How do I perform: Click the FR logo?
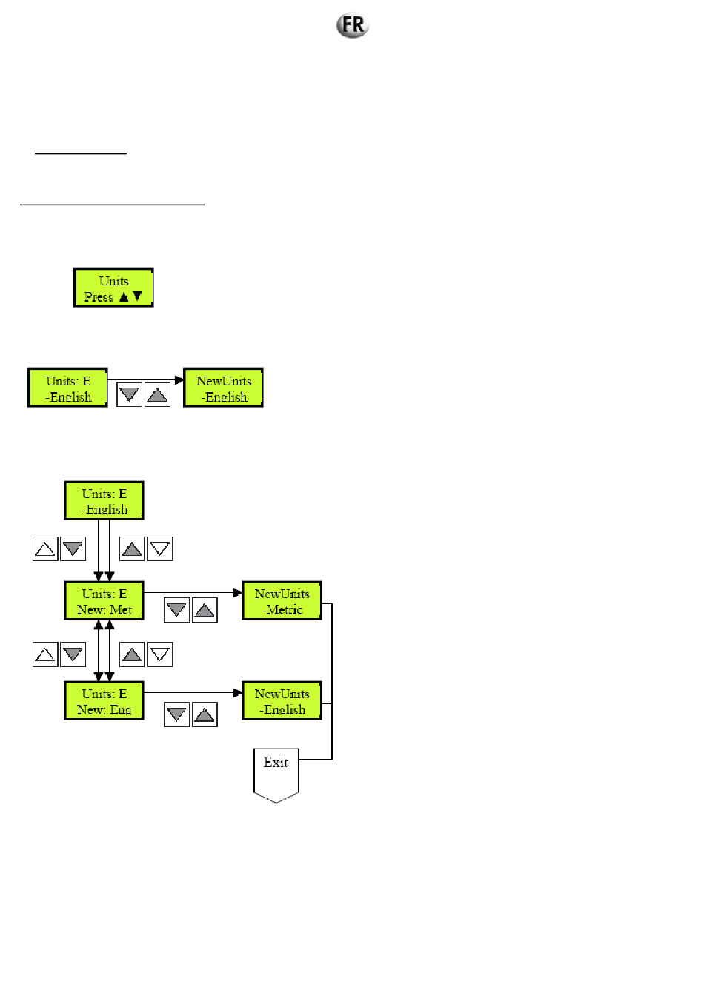click(x=353, y=25)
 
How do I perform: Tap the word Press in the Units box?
click(x=99, y=297)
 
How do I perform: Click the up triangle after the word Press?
click(x=124, y=296)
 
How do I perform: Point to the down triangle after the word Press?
click(x=137, y=296)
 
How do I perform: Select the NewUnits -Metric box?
click(x=282, y=601)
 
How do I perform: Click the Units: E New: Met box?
click(x=104, y=601)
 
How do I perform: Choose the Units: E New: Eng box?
click(x=104, y=701)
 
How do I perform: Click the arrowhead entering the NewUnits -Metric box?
click(x=238, y=592)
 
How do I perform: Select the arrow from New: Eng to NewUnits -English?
click(x=193, y=693)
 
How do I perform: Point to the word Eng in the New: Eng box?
click(x=121, y=710)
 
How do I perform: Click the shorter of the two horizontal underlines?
click(x=81, y=154)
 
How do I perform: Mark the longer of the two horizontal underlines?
click(x=112, y=204)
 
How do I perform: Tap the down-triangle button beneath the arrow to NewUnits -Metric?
click(x=176, y=610)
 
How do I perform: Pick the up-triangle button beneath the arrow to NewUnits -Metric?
click(x=205, y=610)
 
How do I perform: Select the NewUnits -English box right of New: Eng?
click(x=282, y=701)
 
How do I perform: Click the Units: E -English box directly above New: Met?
click(x=104, y=501)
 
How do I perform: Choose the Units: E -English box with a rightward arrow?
click(x=68, y=388)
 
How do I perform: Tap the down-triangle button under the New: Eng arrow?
click(x=176, y=714)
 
